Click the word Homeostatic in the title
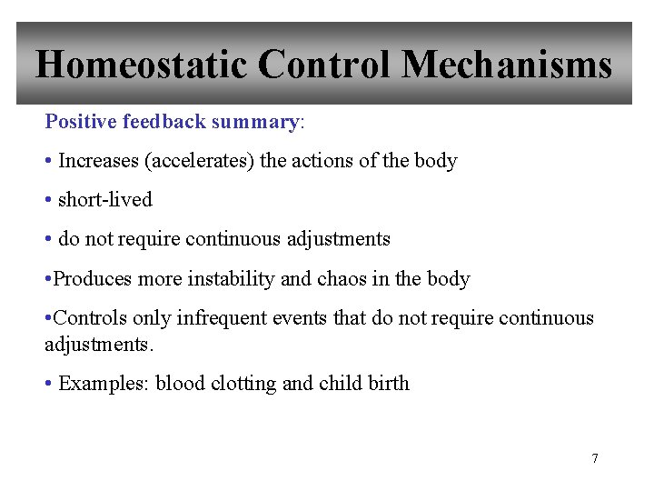[140, 65]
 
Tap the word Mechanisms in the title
[507, 65]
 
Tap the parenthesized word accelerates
[198, 161]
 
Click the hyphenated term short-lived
[104, 200]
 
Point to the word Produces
[93, 279]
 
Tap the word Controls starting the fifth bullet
[91, 318]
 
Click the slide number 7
[595, 458]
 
